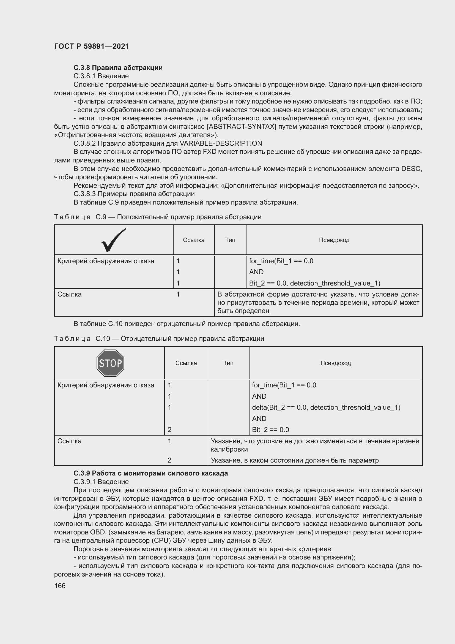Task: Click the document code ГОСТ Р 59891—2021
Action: [x=92, y=46]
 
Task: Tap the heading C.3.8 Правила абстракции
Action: [x=118, y=68]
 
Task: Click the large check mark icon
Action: [x=113, y=240]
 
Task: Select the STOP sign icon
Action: [x=110, y=363]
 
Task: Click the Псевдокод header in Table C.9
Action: [x=334, y=240]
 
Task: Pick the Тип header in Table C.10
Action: [x=228, y=363]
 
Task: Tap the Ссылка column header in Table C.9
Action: [x=194, y=240]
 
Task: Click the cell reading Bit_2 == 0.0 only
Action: [x=270, y=430]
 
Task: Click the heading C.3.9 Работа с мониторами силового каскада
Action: [x=151, y=473]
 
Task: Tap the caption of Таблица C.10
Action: [x=159, y=339]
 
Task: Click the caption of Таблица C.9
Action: [x=158, y=217]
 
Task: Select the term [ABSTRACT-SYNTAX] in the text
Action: [x=242, y=126]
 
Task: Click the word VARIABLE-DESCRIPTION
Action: [x=221, y=143]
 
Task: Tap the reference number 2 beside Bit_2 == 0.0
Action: [x=169, y=430]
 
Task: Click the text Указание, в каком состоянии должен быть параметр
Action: [x=294, y=460]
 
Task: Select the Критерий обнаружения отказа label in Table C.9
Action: [x=106, y=261]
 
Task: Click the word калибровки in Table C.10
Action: [x=229, y=449]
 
